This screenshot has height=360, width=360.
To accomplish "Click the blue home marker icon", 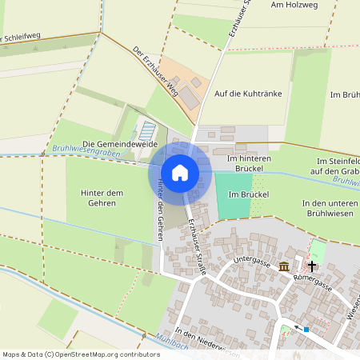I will [x=180, y=172].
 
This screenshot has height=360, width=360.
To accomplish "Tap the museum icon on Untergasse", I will [x=283, y=266].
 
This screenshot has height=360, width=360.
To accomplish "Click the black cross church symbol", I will [x=312, y=265].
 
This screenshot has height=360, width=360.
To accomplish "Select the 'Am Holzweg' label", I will [x=294, y=5].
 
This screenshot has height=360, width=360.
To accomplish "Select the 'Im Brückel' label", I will [x=247, y=194].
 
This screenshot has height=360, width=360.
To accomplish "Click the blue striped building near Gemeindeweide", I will [x=148, y=130].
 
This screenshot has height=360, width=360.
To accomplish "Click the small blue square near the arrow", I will [x=306, y=328].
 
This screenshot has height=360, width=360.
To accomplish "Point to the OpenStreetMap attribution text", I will [x=81, y=354].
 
